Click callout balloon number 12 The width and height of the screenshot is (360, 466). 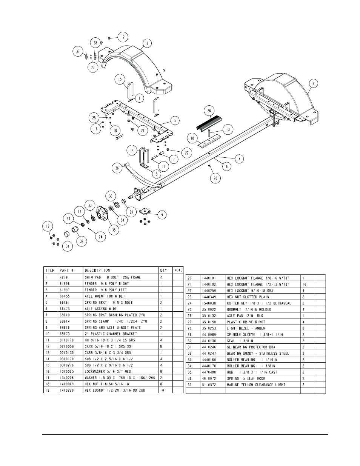click(123, 37)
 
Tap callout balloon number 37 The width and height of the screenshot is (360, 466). click(78, 51)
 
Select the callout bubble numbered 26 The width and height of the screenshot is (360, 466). click(209, 111)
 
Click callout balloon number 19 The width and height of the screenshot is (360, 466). click(48, 227)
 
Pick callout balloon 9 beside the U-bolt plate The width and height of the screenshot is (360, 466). click(162, 215)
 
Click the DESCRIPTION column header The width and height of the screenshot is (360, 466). click(97, 270)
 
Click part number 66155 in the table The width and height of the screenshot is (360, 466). click(65, 296)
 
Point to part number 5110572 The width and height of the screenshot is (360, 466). click(208, 384)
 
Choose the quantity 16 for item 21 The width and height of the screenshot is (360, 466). click(304, 285)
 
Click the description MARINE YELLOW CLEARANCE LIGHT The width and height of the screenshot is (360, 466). click(256, 384)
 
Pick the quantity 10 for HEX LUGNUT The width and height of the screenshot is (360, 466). click(162, 390)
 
